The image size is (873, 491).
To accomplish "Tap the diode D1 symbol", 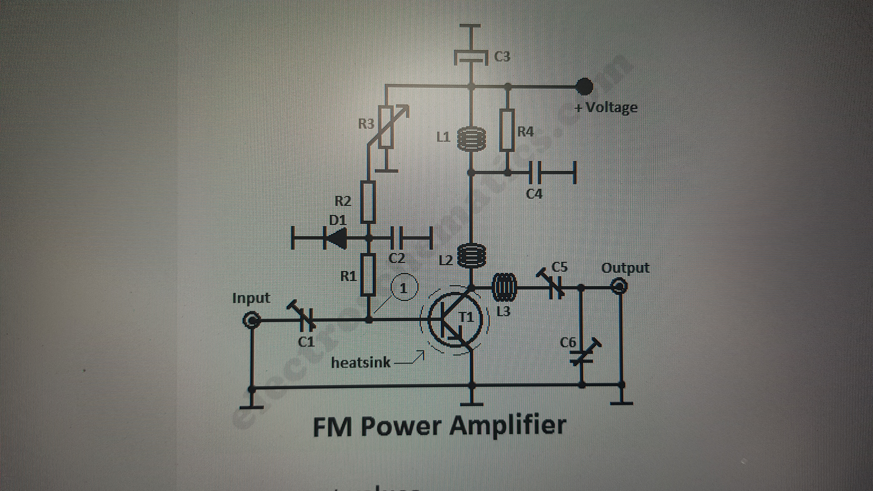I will (x=336, y=238).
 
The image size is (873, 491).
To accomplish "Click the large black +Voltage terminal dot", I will (x=585, y=86).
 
